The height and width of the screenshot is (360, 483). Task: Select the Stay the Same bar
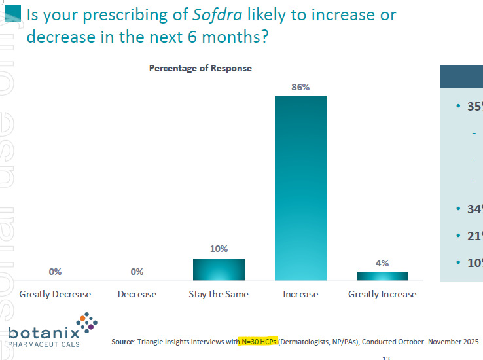point(219,269)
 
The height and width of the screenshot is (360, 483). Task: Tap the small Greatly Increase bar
point(382,276)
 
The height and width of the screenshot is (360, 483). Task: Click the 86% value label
point(300,86)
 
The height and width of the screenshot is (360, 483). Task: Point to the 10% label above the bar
point(219,249)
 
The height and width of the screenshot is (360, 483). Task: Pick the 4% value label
point(382,263)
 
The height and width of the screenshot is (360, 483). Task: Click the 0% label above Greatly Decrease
point(55,272)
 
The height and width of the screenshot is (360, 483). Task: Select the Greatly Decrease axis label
point(55,294)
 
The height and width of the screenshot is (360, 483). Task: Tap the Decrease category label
point(137,294)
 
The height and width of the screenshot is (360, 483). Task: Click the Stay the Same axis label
point(219,294)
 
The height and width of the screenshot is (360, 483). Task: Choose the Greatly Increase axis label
point(382,294)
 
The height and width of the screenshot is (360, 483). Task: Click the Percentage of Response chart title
point(200,68)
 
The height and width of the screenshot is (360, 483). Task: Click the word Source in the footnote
point(122,342)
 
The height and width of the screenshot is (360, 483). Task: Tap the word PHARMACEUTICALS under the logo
point(45,344)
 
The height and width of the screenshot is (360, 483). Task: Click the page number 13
point(386,357)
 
